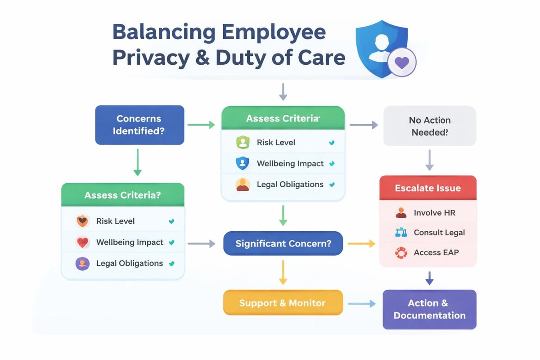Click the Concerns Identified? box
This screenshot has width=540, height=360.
coord(139,125)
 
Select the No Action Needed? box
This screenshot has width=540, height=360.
coord(429,126)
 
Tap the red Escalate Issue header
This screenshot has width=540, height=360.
coord(427,188)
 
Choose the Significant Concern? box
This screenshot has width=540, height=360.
coord(283,243)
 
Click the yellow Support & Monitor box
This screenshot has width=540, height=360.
coord(283,302)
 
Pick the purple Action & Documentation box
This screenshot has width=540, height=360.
coord(429,309)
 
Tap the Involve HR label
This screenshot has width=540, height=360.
coord(434,212)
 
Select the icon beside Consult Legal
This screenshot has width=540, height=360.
coord(400,233)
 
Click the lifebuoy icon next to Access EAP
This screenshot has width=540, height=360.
coord(400,252)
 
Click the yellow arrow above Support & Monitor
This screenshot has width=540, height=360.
coord(283,272)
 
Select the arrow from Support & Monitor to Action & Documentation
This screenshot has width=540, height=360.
coord(362,304)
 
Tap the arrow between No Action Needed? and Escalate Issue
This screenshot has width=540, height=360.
coord(429,160)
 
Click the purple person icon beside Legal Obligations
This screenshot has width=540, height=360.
coord(82,263)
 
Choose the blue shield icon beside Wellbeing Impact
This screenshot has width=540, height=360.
coord(242,163)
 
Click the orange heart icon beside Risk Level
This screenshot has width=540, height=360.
coord(82,221)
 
